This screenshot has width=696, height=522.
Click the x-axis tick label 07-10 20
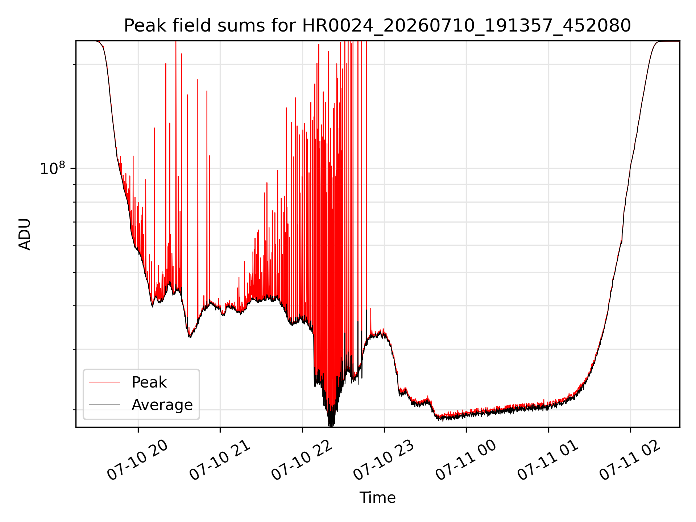pyautogui.click(x=138, y=460)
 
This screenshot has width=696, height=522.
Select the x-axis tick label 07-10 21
pyautogui.click(x=220, y=460)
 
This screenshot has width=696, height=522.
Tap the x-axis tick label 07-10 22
pyautogui.click(x=302, y=460)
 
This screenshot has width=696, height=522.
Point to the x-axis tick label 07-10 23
pyautogui.click(x=384, y=460)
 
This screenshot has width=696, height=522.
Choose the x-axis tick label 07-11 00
pyautogui.click(x=466, y=460)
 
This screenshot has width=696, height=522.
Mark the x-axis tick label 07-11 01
pyautogui.click(x=548, y=460)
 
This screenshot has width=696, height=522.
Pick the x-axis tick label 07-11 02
pyautogui.click(x=630, y=460)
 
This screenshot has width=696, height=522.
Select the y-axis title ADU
pyautogui.click(x=25, y=234)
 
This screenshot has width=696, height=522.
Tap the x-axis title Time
pyautogui.click(x=377, y=497)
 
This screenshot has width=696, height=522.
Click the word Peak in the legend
pyautogui.click(x=149, y=382)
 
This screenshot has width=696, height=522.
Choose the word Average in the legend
pyautogui.click(x=162, y=405)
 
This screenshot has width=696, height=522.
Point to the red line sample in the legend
pyautogui.click(x=104, y=382)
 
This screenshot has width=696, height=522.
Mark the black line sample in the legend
pyautogui.click(x=104, y=405)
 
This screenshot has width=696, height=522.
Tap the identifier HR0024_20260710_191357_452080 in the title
pyautogui.click(x=467, y=26)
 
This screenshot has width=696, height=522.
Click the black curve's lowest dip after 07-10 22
pyautogui.click(x=331, y=426)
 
